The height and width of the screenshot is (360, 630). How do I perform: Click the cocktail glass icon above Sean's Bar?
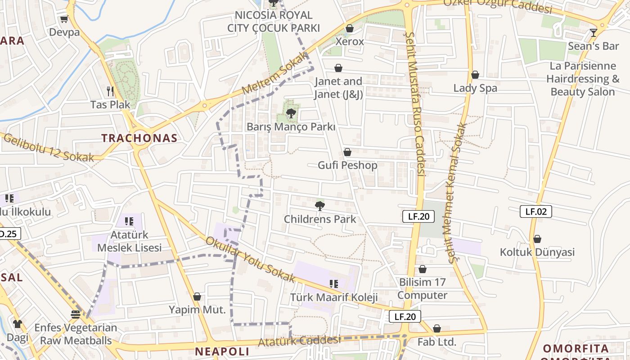point(593,32)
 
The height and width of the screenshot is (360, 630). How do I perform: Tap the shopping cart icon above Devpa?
point(64,19)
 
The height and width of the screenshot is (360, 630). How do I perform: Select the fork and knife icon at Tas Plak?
point(110,91)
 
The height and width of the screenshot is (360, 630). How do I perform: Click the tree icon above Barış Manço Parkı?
point(291,113)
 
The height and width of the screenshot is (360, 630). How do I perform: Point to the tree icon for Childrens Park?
point(320,206)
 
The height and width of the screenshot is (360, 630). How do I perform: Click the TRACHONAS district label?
point(139,138)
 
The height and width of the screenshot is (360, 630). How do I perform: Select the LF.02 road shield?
point(535,211)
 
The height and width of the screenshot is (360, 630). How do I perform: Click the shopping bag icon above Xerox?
point(350,28)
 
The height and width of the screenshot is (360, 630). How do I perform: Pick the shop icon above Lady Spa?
point(475,75)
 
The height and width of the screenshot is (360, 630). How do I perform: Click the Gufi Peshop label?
point(347,165)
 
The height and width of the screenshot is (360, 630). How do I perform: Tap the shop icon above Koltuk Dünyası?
point(537,239)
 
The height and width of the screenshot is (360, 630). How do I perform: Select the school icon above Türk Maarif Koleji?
point(333,283)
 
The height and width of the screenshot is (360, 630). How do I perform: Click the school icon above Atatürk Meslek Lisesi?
point(129,221)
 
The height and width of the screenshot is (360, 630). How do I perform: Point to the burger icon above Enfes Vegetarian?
point(76,314)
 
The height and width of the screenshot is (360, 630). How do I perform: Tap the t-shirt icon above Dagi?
point(17,324)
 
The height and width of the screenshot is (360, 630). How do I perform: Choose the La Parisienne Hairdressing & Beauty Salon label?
point(583,79)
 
